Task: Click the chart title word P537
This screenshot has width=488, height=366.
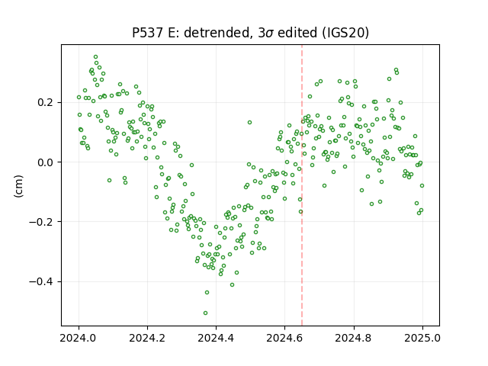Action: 147,33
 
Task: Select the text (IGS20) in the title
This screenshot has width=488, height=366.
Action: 345,33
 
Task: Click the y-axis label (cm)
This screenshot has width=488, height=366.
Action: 18,186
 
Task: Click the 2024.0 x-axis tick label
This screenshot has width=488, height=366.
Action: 79,338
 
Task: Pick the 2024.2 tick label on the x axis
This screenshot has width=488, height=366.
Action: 147,338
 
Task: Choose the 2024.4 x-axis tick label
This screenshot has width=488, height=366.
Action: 216,338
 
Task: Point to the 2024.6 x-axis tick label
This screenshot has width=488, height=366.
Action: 284,338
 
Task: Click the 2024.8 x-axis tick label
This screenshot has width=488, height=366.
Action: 354,338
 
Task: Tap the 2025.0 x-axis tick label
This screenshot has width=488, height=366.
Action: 422,338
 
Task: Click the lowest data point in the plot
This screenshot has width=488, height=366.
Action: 205,313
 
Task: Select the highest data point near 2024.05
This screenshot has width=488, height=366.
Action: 95,56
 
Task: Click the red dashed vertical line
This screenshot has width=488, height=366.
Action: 302,185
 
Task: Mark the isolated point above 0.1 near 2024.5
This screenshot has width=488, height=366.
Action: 249,122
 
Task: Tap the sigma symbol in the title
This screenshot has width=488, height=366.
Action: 269,34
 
